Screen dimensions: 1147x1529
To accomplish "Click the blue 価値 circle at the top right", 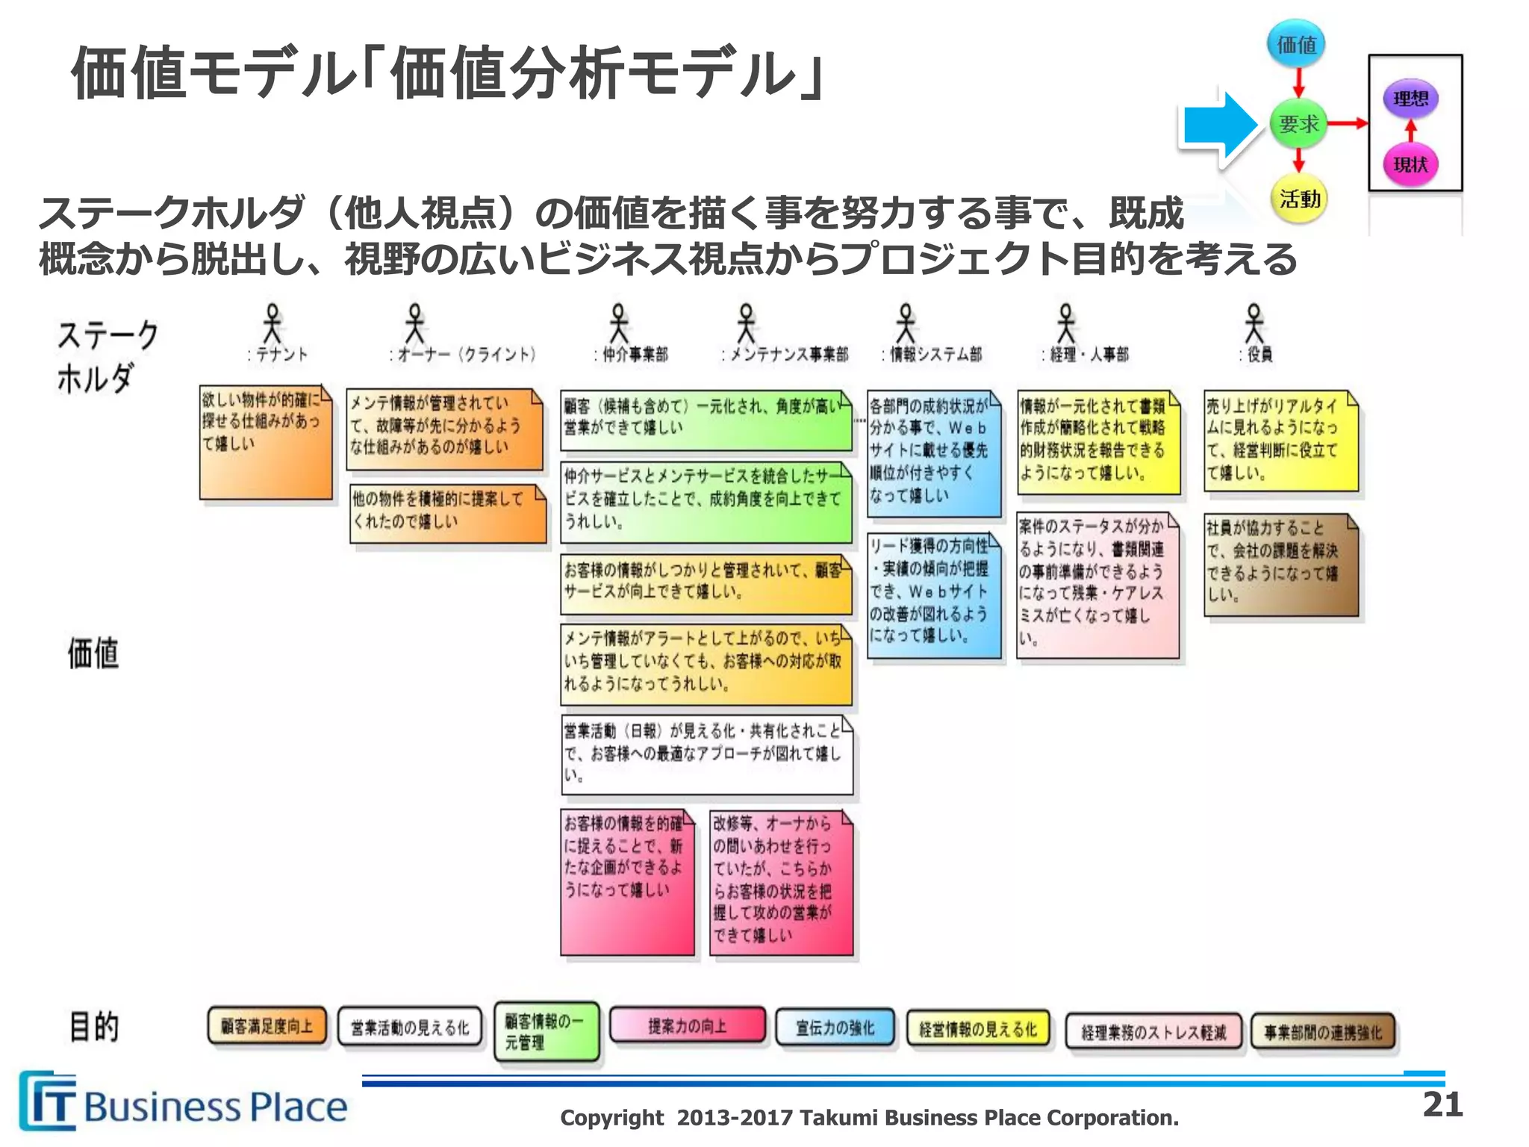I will click(x=1297, y=45).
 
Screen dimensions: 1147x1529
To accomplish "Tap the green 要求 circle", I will click(x=1298, y=124).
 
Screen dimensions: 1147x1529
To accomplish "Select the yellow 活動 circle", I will click(x=1298, y=199).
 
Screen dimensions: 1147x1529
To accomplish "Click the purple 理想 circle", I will click(x=1410, y=99).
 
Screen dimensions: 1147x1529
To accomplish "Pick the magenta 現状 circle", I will click(x=1410, y=164).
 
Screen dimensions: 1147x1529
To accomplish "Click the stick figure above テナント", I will click(x=273, y=323).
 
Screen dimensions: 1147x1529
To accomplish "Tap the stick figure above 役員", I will click(x=1254, y=323).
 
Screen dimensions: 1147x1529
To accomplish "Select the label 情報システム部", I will click(x=934, y=355).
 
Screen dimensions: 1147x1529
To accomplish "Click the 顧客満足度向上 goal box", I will click(x=267, y=1026).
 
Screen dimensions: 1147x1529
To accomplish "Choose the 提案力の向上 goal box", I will click(x=687, y=1025).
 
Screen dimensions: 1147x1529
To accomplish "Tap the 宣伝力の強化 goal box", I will click(x=835, y=1028).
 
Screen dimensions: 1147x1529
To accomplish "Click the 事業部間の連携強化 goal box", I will click(x=1322, y=1032).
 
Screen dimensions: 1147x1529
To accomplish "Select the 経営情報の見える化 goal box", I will click(x=978, y=1029).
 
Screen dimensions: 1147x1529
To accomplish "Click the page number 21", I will click(x=1442, y=1104).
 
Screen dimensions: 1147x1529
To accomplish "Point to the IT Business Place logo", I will click(x=183, y=1104).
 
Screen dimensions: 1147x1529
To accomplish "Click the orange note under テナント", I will click(x=265, y=442).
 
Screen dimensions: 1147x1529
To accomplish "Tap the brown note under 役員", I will click(x=1280, y=565).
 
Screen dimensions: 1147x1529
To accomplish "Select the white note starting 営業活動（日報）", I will click(x=706, y=754).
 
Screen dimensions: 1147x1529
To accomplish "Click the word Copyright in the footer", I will click(x=611, y=1118).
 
